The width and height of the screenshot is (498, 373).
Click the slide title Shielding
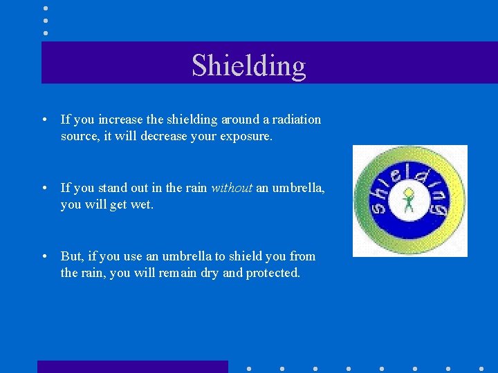248,65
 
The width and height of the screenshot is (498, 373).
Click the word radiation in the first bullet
295,119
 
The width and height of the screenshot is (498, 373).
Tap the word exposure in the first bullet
246,137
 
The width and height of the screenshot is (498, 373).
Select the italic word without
231,188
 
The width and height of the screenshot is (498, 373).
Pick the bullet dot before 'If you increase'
44,120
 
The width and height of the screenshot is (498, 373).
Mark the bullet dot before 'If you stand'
44,189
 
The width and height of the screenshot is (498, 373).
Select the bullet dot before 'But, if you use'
44,257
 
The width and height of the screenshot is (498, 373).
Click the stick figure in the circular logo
409,201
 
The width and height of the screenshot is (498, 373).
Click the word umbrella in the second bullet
299,188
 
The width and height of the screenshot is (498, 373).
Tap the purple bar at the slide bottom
132,367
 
